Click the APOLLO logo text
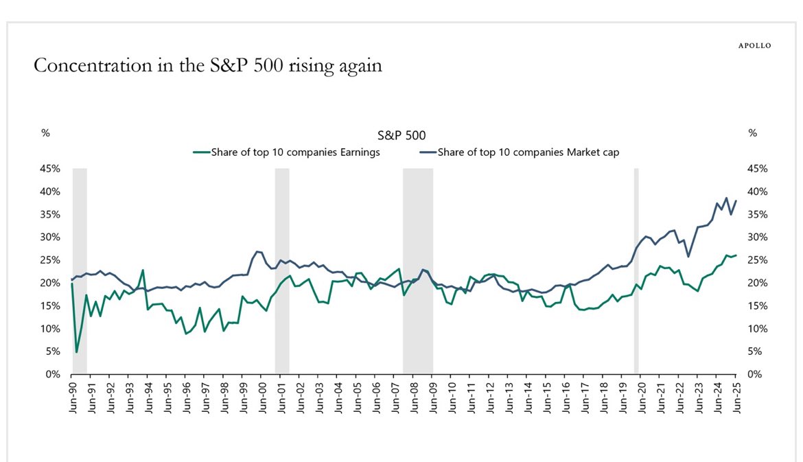coord(754,46)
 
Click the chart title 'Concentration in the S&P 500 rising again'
coord(207,66)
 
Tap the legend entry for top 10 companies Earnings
coord(286,152)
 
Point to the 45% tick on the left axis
coord(50,169)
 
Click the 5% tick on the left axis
coord(53,351)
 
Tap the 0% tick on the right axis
coord(754,375)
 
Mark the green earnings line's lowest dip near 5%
coord(76,352)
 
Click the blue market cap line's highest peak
coord(726,198)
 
